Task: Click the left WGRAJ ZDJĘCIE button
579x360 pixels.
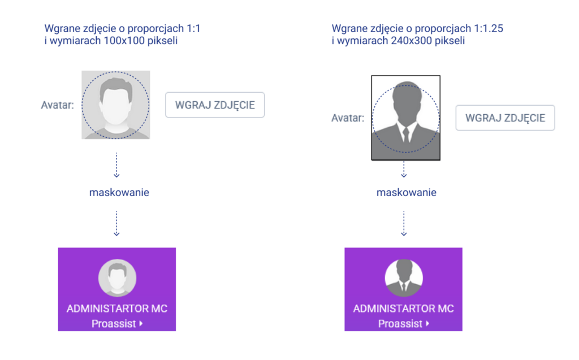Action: (x=215, y=105)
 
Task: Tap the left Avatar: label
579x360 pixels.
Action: (x=58, y=105)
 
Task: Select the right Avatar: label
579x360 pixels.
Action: (x=348, y=118)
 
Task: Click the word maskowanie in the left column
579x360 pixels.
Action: (x=119, y=192)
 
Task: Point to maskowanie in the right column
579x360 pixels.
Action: (x=407, y=192)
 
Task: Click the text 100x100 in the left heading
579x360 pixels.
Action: (x=124, y=41)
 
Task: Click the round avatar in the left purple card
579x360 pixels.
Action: (x=117, y=278)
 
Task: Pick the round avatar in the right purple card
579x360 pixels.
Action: (x=404, y=278)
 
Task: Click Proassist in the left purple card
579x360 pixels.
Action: (x=114, y=324)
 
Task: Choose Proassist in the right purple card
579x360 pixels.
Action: (x=400, y=324)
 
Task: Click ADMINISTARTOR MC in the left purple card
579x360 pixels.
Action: (x=117, y=309)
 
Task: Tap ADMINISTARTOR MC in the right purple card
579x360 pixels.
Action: (x=404, y=309)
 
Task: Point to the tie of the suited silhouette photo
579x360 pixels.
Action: (x=405, y=133)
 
